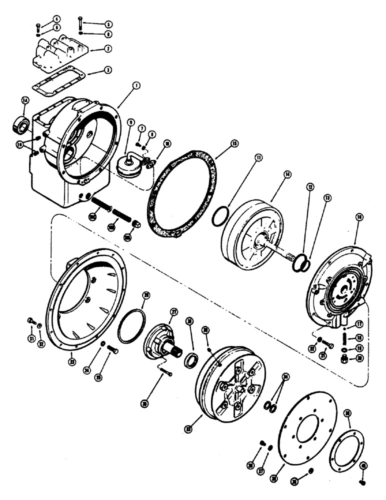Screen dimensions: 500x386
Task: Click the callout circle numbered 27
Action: [x=174, y=311]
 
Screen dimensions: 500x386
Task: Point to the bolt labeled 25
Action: [x=111, y=350]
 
